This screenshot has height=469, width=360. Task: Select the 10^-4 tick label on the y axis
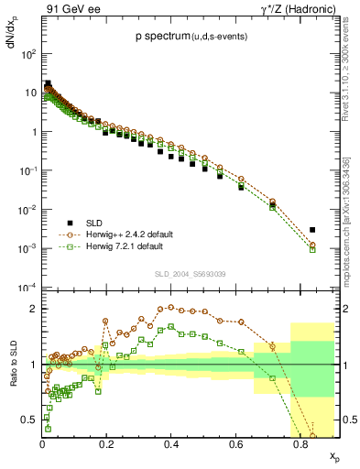click(x=27, y=288)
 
